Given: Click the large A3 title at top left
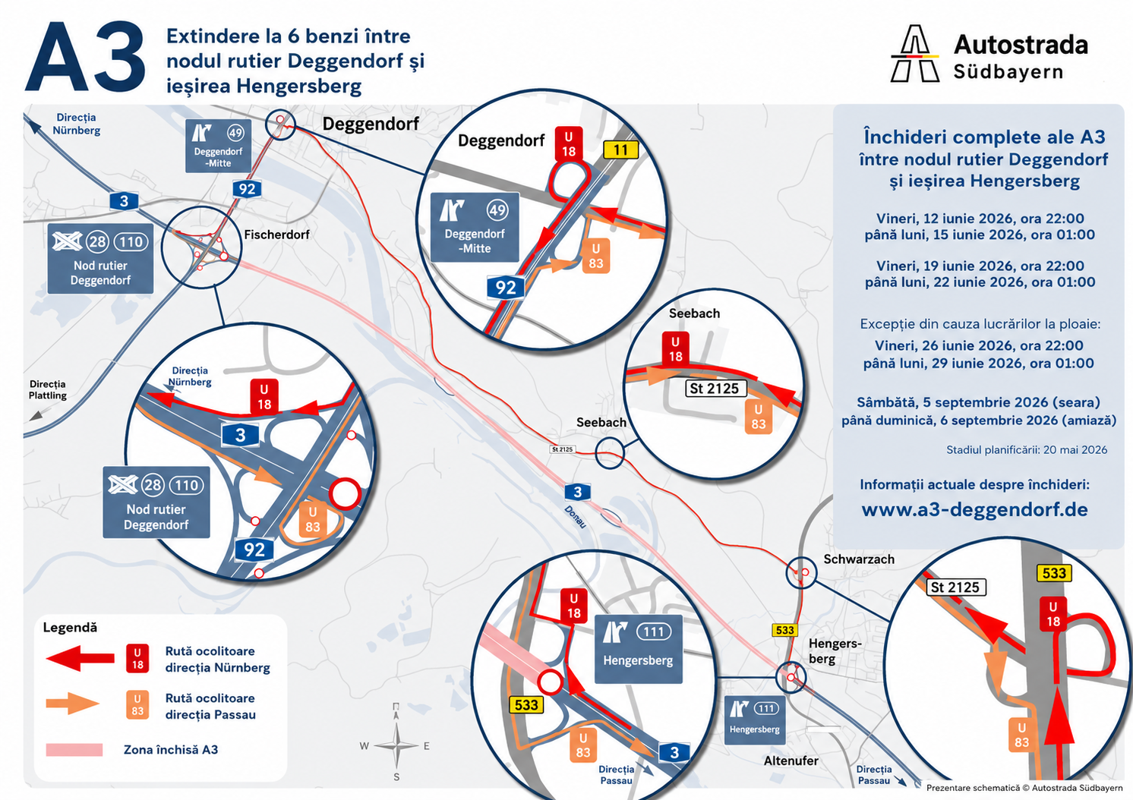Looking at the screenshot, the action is pos(85,57).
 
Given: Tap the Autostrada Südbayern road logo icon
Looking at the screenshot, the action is pos(914,54).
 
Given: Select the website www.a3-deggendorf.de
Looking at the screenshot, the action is pos(975,509).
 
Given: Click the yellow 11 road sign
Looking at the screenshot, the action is pos(620,150).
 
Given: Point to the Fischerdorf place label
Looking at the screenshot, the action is pos(276,235).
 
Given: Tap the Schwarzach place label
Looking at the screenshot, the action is pos(859,559).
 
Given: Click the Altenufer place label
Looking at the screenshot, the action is pos(791,761).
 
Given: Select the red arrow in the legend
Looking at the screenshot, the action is pos(80,658).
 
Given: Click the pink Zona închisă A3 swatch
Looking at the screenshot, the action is pos(74,749).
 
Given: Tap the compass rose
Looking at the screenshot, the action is pos(396,745).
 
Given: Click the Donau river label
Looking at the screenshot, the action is pos(575,517).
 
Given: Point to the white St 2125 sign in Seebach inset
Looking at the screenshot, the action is pos(715,389).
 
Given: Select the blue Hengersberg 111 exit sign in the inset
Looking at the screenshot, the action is pos(639,649).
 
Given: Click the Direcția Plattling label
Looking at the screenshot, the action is pos(48,390).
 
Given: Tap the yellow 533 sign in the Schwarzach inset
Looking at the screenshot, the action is pos(1055,573).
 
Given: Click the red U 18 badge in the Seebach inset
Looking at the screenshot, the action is pos(675,349).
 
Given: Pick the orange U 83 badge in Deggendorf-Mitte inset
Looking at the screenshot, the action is pos(596,257).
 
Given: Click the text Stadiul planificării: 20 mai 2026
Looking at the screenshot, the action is pos(1027,450).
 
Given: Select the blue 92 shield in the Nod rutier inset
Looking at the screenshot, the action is pos(254,550).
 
